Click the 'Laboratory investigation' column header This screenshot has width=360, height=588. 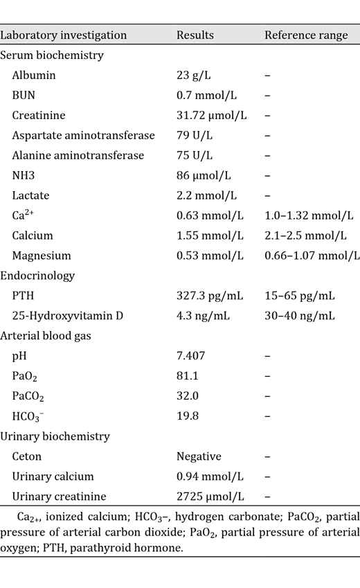pyautogui.click(x=63, y=35)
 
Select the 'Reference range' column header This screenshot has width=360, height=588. pyautogui.click(x=306, y=35)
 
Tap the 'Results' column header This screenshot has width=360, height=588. pyautogui.click(x=195, y=35)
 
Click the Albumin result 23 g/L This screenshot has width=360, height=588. pyautogui.click(x=194, y=75)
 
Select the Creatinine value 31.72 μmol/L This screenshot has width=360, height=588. pyautogui.click(x=209, y=115)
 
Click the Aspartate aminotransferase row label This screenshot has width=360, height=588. pyautogui.click(x=83, y=135)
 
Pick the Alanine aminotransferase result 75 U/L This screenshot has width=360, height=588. pyautogui.click(x=195, y=155)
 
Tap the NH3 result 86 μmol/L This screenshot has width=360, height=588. pyautogui.click(x=202, y=175)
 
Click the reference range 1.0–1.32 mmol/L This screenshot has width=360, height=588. pyautogui.click(x=309, y=215)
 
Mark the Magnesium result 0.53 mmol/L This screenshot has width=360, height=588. pyautogui.click(x=210, y=256)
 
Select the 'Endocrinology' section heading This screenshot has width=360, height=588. pyautogui.click(x=37, y=276)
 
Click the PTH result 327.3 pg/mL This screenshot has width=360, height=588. pyautogui.click(x=210, y=296)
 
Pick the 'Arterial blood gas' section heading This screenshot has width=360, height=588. pyautogui.click(x=47, y=336)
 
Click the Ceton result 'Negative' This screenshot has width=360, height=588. pyautogui.click(x=199, y=456)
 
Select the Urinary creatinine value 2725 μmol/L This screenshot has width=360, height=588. pyautogui.click(x=207, y=497)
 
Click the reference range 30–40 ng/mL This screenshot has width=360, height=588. pyautogui.click(x=300, y=316)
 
